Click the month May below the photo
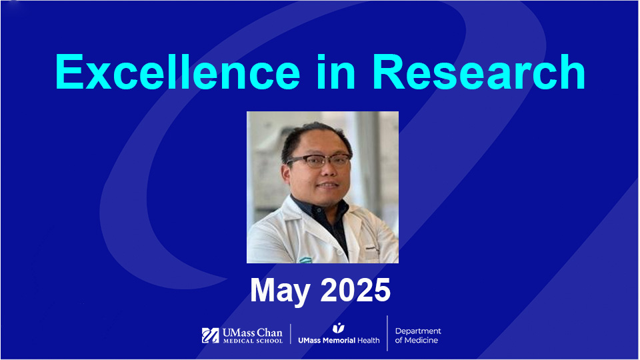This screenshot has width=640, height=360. pyautogui.click(x=281, y=291)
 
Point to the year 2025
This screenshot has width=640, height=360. pyautogui.click(x=355, y=291)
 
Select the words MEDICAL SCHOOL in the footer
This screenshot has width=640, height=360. pyautogui.click(x=252, y=341)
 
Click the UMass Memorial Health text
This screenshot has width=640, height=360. pyautogui.click(x=339, y=341)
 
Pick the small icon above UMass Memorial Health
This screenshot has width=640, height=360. pyautogui.click(x=339, y=328)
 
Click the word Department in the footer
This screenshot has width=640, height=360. pyautogui.click(x=418, y=331)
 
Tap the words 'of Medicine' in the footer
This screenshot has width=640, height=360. pyautogui.click(x=417, y=341)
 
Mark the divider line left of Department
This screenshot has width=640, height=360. pyautogui.click(x=387, y=333)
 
